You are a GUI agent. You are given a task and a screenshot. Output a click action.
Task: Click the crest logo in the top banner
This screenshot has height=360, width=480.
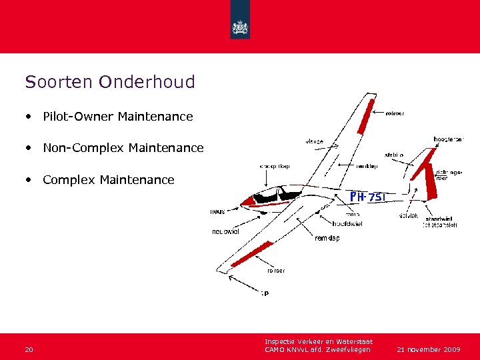click(x=240, y=27)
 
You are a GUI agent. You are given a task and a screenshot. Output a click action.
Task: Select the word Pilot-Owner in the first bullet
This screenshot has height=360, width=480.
click(x=78, y=117)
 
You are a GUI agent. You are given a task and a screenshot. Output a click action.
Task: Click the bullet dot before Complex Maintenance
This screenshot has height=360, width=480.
click(x=29, y=180)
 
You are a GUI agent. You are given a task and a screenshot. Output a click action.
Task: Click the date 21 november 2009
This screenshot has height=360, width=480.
click(x=429, y=349)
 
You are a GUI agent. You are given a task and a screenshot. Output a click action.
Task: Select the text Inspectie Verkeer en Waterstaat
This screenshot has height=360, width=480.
click(x=318, y=342)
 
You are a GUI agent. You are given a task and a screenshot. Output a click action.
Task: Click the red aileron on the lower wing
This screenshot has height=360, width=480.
click(x=252, y=255)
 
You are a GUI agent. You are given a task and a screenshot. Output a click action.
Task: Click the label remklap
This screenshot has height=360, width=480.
click(x=327, y=238)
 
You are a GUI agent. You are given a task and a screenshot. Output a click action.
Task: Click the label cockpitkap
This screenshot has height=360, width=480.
click(x=275, y=165)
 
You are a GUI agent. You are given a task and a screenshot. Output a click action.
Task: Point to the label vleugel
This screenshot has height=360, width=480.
click(x=314, y=141)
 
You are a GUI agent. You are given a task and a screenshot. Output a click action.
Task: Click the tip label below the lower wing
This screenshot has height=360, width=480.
click(x=265, y=294)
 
